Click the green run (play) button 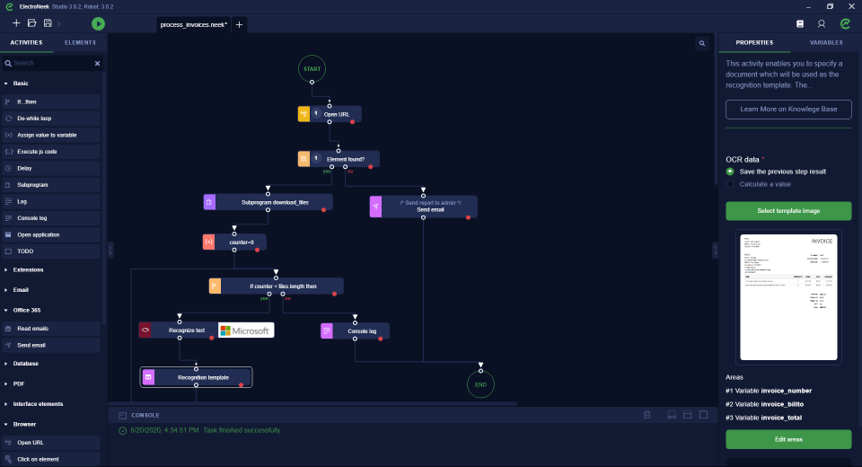(x=98, y=23)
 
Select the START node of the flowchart (x=312, y=68)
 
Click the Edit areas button (x=788, y=439)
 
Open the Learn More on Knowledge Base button (x=788, y=109)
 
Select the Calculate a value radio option (x=730, y=184)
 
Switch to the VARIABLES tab (x=825, y=42)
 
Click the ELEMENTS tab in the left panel (x=80, y=42)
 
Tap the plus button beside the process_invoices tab (x=239, y=24)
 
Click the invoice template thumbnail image (x=788, y=297)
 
